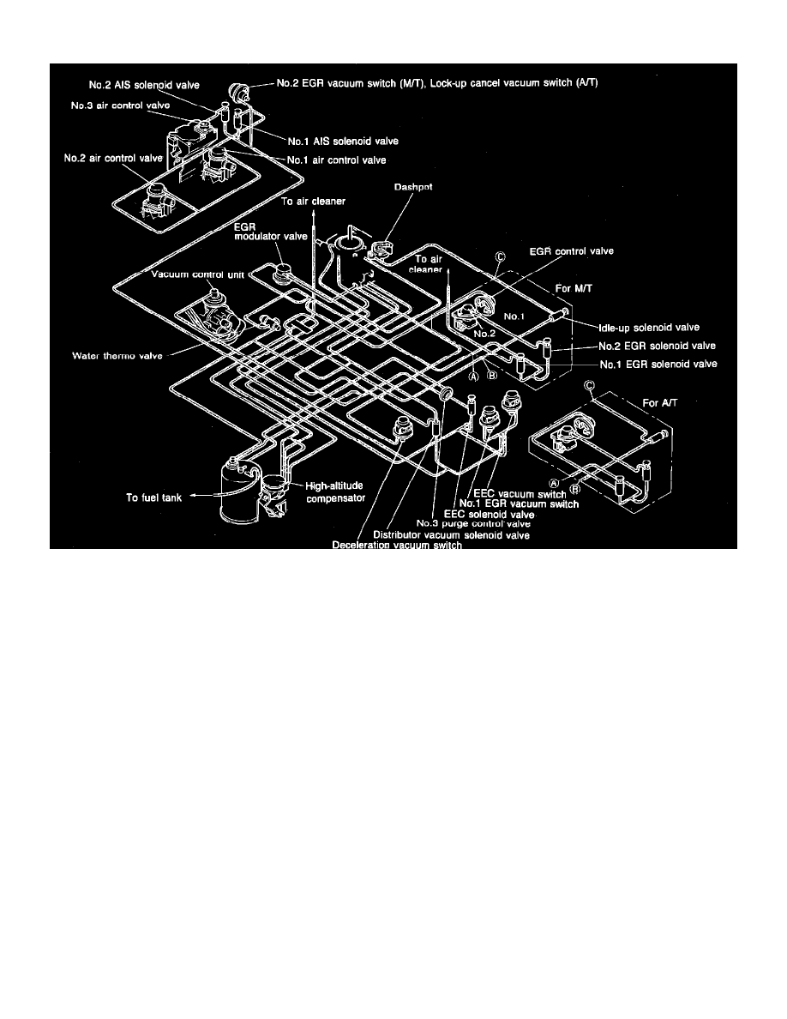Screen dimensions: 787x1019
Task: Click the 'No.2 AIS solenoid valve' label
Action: [144, 85]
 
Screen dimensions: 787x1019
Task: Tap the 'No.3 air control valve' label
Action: [121, 106]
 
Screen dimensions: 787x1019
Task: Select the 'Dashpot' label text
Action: [413, 187]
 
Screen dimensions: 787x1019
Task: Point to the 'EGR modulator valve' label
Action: [271, 232]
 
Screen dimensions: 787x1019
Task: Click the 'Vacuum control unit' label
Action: [197, 274]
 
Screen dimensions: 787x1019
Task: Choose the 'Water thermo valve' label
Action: [117, 355]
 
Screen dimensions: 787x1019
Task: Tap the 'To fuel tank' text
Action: [154, 497]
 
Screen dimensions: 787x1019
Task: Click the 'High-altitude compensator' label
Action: [335, 492]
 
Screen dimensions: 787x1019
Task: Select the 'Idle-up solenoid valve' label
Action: [649, 328]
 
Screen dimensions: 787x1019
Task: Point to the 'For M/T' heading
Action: [574, 288]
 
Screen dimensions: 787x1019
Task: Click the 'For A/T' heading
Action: [660, 403]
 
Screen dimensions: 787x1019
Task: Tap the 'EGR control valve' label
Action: [572, 250]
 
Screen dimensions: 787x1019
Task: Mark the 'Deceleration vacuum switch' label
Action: [397, 545]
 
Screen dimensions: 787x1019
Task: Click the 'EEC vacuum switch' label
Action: [520, 494]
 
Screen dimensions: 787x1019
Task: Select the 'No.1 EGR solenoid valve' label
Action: [658, 364]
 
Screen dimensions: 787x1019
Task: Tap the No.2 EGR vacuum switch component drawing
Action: [238, 93]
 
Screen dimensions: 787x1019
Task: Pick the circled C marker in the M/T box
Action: [500, 257]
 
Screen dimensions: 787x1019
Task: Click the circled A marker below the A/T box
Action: [554, 483]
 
